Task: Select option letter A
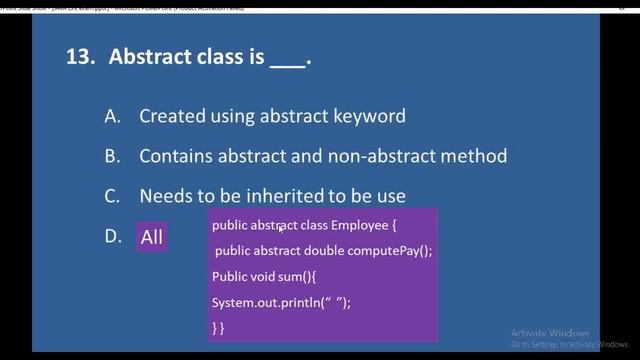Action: tap(112, 116)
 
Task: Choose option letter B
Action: tap(112, 156)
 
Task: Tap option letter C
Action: tap(112, 196)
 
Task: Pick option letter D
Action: tap(112, 236)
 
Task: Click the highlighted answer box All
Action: tap(152, 237)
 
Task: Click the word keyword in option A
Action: tap(370, 116)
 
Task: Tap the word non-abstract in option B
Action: tap(400, 156)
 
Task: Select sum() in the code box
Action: tap(288, 276)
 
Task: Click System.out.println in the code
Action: tap(256, 301)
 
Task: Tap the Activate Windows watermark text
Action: tap(548, 332)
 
